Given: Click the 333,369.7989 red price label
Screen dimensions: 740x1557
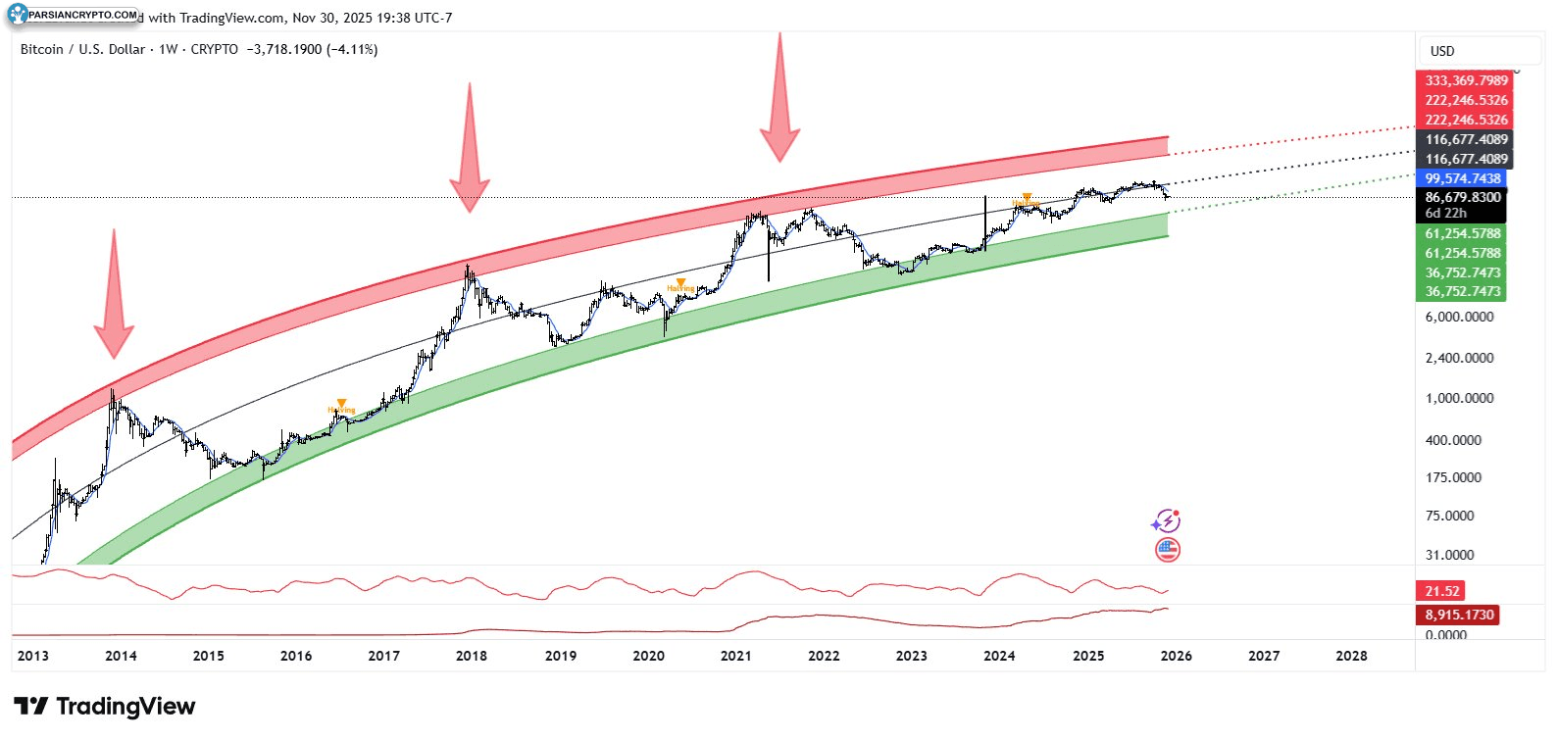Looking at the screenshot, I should point(1466,80).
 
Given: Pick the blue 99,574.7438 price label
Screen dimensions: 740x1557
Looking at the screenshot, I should point(1462,178).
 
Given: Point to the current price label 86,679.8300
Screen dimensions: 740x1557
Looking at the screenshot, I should point(1462,197).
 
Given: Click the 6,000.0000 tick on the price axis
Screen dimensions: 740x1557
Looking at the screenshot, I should point(1459,317).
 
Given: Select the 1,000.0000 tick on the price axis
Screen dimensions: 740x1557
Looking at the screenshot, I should point(1459,398).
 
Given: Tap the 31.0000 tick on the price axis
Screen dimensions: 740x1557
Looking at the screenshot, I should point(1449,555).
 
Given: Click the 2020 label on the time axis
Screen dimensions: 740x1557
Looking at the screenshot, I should point(648,656).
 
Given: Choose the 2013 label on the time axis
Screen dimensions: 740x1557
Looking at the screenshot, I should point(33,656).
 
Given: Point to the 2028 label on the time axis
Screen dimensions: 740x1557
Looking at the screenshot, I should point(1351,656).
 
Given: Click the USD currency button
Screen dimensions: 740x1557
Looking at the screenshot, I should point(1442,51).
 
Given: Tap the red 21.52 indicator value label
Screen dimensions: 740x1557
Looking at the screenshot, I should point(1442,591).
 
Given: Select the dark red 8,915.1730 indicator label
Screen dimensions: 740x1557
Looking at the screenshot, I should point(1459,615).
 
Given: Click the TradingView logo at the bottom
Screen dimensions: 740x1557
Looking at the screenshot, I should point(105,707).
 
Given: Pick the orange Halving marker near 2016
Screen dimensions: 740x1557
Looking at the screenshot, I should point(341,406).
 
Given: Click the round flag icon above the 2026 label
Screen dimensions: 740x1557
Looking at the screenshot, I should point(1167,550).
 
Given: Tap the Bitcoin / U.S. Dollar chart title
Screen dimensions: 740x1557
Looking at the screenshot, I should point(82,49).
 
